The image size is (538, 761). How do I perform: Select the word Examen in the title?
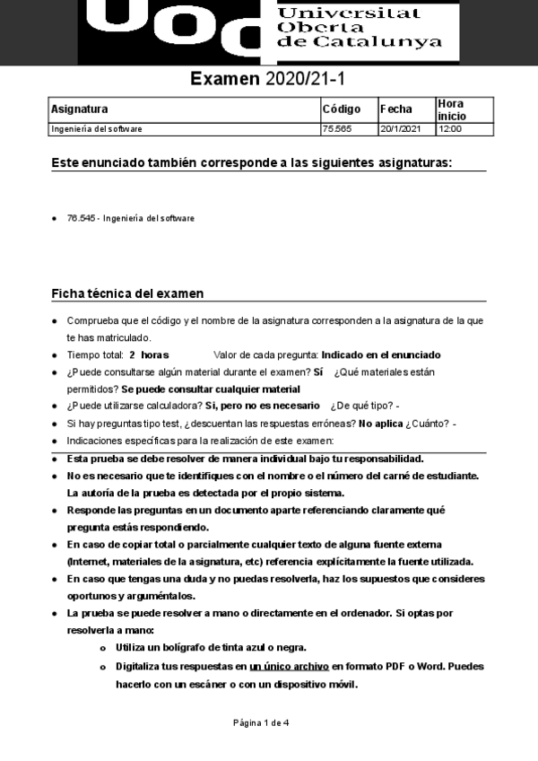click(x=224, y=80)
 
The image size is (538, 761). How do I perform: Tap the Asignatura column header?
click(x=80, y=109)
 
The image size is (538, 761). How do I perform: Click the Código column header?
click(x=341, y=109)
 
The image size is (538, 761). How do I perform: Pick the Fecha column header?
click(x=396, y=109)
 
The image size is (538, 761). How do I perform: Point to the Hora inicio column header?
click(x=452, y=109)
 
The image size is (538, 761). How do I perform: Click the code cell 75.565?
click(x=336, y=129)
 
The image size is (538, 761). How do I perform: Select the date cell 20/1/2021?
click(x=400, y=129)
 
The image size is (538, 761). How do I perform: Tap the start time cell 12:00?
click(x=449, y=129)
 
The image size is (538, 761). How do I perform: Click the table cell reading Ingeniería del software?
click(x=97, y=129)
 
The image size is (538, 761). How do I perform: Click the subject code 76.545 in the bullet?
click(x=80, y=218)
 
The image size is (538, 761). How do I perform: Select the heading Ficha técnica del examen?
click(x=127, y=293)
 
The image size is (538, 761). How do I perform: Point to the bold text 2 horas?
click(x=149, y=355)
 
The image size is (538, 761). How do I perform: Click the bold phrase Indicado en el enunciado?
click(x=381, y=355)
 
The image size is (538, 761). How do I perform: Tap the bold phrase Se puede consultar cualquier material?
click(x=211, y=389)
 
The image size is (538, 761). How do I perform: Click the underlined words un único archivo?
click(x=290, y=667)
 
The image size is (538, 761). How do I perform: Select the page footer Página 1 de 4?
click(x=262, y=723)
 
